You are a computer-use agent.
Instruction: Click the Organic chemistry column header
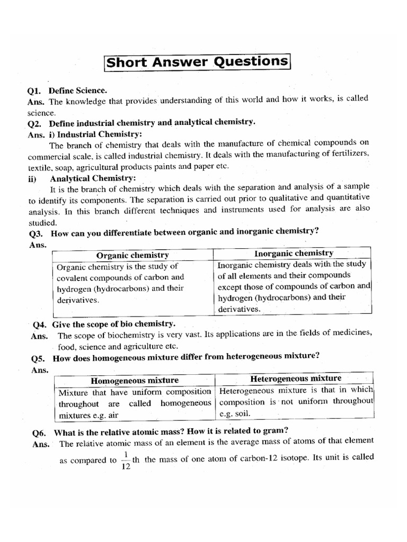[131, 255]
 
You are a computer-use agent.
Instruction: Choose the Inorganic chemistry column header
[293, 253]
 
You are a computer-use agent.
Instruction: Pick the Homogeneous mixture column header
[135, 381]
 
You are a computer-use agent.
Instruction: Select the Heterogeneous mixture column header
[296, 378]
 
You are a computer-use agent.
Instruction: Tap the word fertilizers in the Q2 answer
[348, 154]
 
